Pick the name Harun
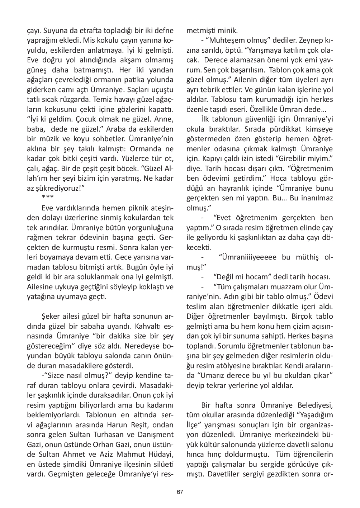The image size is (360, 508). [x=118, y=425]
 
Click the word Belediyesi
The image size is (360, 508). [x=315, y=405]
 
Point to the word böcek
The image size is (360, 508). [x=125, y=168]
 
